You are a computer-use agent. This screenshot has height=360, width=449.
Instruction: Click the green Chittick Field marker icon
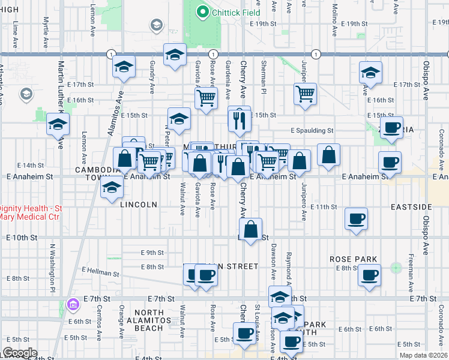pos(202,11)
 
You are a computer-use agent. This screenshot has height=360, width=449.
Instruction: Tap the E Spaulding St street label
pos(312,130)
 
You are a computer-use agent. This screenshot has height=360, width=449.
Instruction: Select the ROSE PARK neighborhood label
pos(354,259)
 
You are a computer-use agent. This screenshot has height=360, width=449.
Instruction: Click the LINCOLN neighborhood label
pos(139,205)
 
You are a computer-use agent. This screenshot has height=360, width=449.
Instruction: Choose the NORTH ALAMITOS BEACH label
pos(149,320)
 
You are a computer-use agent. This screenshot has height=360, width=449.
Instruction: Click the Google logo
pos(20,353)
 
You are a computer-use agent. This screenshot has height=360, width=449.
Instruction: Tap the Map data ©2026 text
pos(423,355)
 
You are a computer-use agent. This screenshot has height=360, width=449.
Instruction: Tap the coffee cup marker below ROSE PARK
pos(369,275)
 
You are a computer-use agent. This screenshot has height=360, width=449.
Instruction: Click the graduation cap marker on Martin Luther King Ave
pos(58,124)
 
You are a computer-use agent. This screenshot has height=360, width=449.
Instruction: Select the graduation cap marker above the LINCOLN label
pos(111,188)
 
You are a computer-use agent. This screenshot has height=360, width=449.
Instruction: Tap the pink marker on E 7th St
pos(73,305)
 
